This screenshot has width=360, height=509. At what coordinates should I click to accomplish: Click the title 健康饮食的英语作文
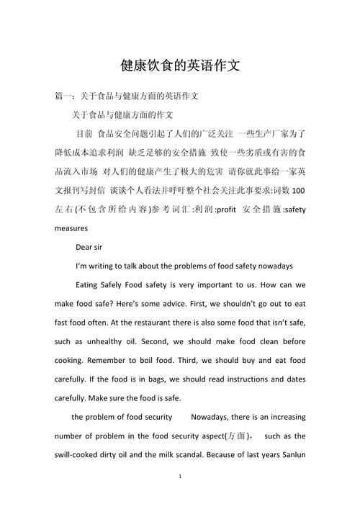click(x=180, y=66)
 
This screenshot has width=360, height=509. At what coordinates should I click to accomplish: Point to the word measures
click(x=71, y=228)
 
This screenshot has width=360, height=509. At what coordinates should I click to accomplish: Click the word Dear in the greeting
click(x=85, y=247)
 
